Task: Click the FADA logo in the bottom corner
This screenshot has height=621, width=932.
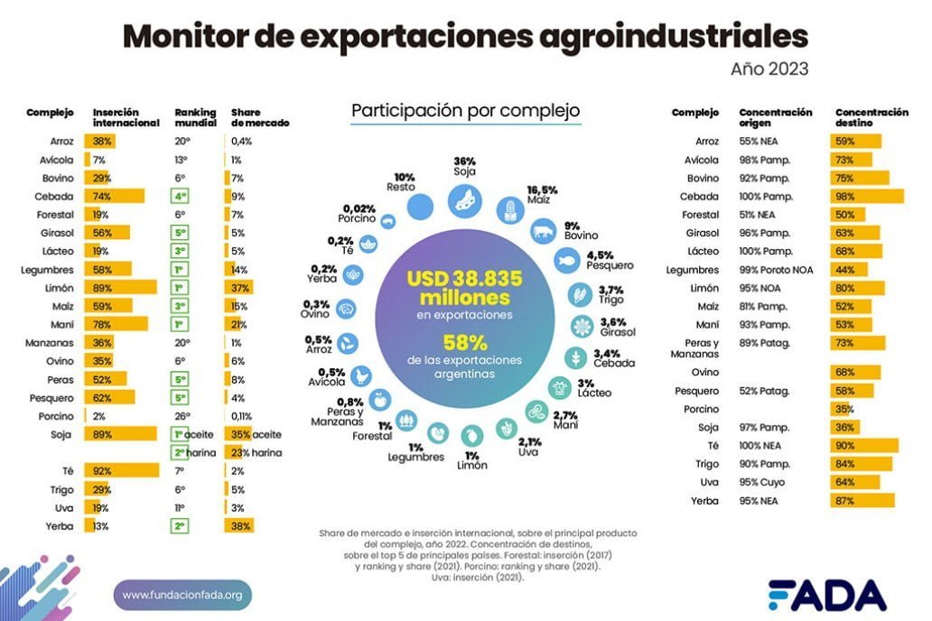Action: coord(827,594)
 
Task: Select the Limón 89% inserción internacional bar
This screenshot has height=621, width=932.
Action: coord(120,287)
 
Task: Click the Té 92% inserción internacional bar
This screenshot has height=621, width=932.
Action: coord(122,470)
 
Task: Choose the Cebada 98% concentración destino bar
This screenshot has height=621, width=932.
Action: coord(867,196)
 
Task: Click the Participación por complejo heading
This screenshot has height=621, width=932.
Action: coord(465,111)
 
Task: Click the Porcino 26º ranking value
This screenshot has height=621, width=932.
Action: coord(182,415)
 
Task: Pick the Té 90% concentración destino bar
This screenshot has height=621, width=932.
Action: coord(864,446)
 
